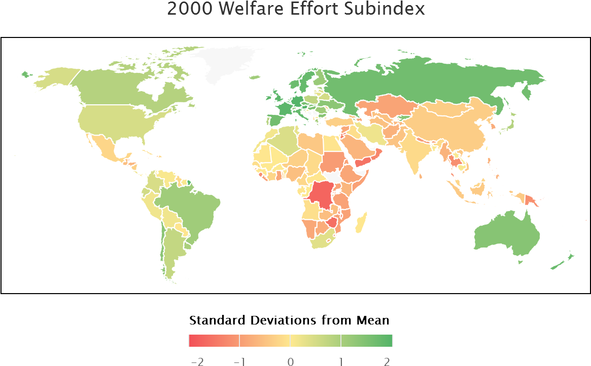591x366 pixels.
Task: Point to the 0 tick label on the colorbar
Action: click(x=290, y=361)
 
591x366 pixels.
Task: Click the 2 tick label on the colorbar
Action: click(x=388, y=361)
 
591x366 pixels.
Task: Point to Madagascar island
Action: click(x=360, y=223)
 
